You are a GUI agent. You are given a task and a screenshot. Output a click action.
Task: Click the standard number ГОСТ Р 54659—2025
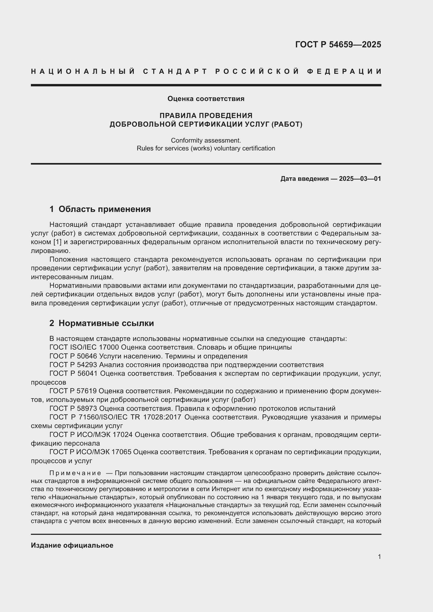[x=338, y=44]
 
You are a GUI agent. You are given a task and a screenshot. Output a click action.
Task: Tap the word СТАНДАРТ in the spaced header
[x=175, y=71]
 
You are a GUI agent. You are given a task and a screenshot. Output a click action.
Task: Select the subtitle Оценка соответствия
[x=206, y=99]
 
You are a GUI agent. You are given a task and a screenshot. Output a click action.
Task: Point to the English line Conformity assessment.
[x=206, y=140]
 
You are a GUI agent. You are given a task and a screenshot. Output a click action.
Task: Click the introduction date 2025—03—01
[x=360, y=179]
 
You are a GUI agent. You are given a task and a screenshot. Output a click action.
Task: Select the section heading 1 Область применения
[x=100, y=209]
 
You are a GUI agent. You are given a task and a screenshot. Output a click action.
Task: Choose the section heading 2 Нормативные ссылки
[x=102, y=323]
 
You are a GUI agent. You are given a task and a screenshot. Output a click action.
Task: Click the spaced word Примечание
[x=75, y=473]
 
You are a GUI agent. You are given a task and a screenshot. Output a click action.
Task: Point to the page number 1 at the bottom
[x=379, y=557]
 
